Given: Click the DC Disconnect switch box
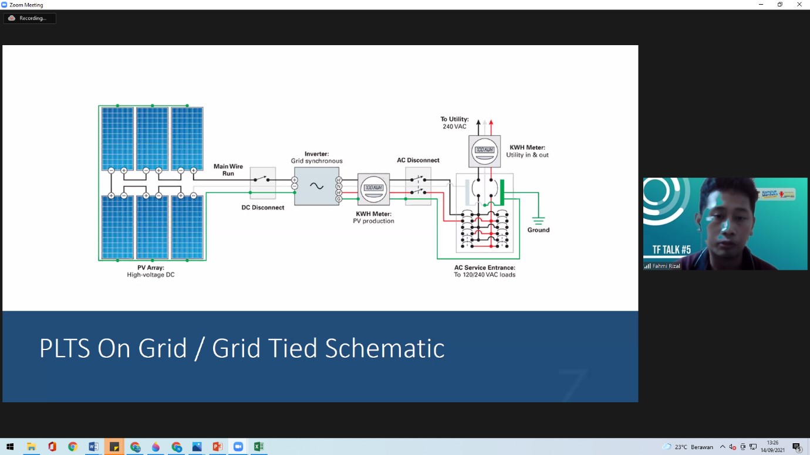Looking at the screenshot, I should tap(263, 182).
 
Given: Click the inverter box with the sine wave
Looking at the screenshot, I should tap(316, 186).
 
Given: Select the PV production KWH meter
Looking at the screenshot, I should tap(373, 189).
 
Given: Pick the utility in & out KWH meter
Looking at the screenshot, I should tap(485, 151).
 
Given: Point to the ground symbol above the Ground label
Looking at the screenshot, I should tap(538, 219).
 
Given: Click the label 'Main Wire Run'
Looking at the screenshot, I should tap(228, 170).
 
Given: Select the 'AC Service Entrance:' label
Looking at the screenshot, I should tap(484, 267).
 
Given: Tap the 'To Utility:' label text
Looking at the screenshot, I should tap(454, 119).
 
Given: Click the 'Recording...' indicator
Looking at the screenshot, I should tap(30, 18).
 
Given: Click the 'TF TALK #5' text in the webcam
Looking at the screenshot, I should tap(671, 250).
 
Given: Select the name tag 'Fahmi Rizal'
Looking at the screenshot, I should tap(666, 266).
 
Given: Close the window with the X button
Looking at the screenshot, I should tap(799, 5).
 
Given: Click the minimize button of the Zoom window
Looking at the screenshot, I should tap(761, 5).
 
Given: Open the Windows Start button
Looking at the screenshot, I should tap(10, 447).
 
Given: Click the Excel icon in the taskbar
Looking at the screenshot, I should tap(259, 447).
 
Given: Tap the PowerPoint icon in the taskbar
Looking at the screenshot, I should tap(217, 447).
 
